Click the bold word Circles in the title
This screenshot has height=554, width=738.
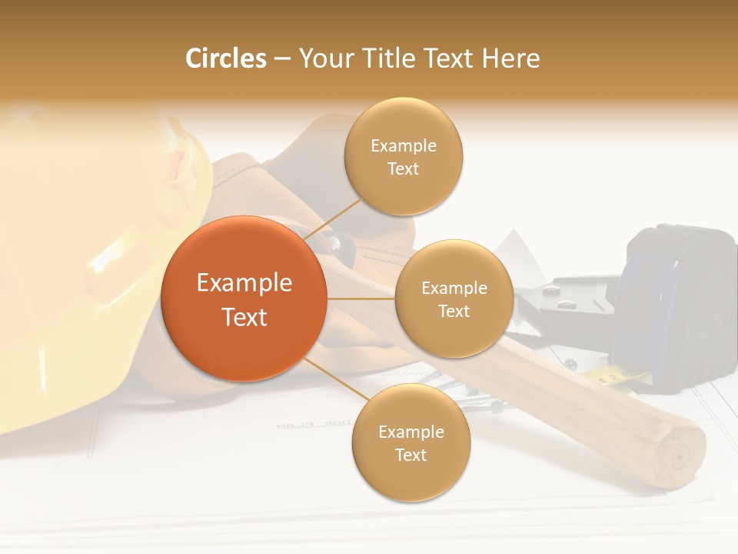[225, 58]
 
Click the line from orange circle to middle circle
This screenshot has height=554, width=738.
[361, 299]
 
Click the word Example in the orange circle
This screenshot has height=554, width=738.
[244, 283]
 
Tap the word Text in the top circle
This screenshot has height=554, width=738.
[404, 169]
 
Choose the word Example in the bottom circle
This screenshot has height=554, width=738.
[411, 432]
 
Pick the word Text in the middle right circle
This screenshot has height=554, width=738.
[454, 312]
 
